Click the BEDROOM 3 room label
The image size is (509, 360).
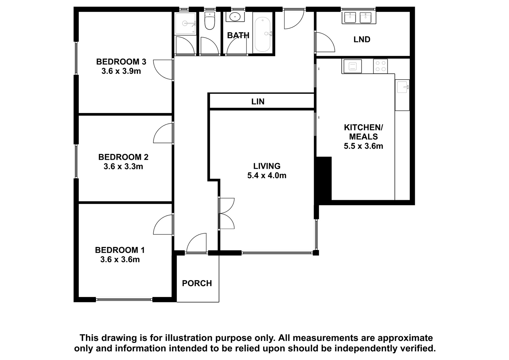pyautogui.click(x=121, y=62)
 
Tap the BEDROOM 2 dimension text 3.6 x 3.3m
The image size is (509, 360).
pyautogui.click(x=123, y=166)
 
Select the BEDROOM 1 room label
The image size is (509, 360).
pyautogui.click(x=120, y=250)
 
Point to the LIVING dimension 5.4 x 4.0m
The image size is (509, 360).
pyautogui.click(x=267, y=176)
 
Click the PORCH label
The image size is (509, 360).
pyautogui.click(x=197, y=283)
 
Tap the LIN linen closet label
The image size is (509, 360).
pyautogui.click(x=258, y=102)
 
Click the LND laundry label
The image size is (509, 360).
pyautogui.click(x=362, y=39)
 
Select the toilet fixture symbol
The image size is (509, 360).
pyautogui.click(x=210, y=21)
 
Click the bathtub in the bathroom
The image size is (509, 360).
pyautogui.click(x=263, y=35)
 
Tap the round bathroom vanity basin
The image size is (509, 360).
pyautogui.click(x=235, y=17)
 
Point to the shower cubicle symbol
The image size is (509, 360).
pyautogui.click(x=185, y=24)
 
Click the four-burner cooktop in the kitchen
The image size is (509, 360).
pyautogui.click(x=380, y=66)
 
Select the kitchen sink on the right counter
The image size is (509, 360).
pyautogui.click(x=402, y=87)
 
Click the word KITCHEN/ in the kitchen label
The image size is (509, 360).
pyautogui.click(x=363, y=128)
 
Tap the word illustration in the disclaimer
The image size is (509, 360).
pyautogui.click(x=188, y=338)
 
